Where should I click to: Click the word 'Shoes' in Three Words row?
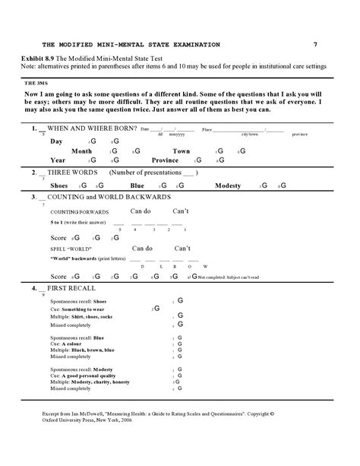pos(59,185)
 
